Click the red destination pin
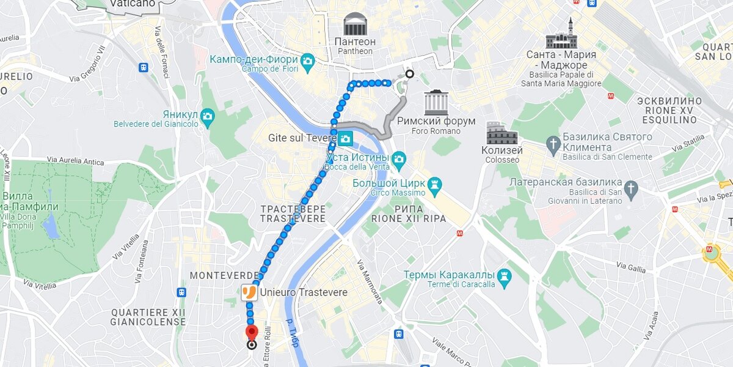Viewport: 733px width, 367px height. click(x=252, y=333)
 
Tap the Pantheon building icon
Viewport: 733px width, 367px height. click(x=354, y=24)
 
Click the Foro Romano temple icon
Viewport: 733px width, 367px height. click(x=436, y=102)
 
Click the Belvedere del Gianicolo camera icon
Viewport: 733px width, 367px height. click(x=208, y=116)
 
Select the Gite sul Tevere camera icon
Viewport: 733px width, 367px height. click(x=346, y=139)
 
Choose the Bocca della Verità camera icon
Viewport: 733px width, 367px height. click(x=399, y=160)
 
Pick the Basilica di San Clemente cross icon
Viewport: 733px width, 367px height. click(x=553, y=144)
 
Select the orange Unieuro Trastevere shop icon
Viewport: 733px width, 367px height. click(x=249, y=292)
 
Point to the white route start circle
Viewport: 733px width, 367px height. click(x=409, y=74)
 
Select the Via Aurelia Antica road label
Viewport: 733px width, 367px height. click(x=76, y=161)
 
